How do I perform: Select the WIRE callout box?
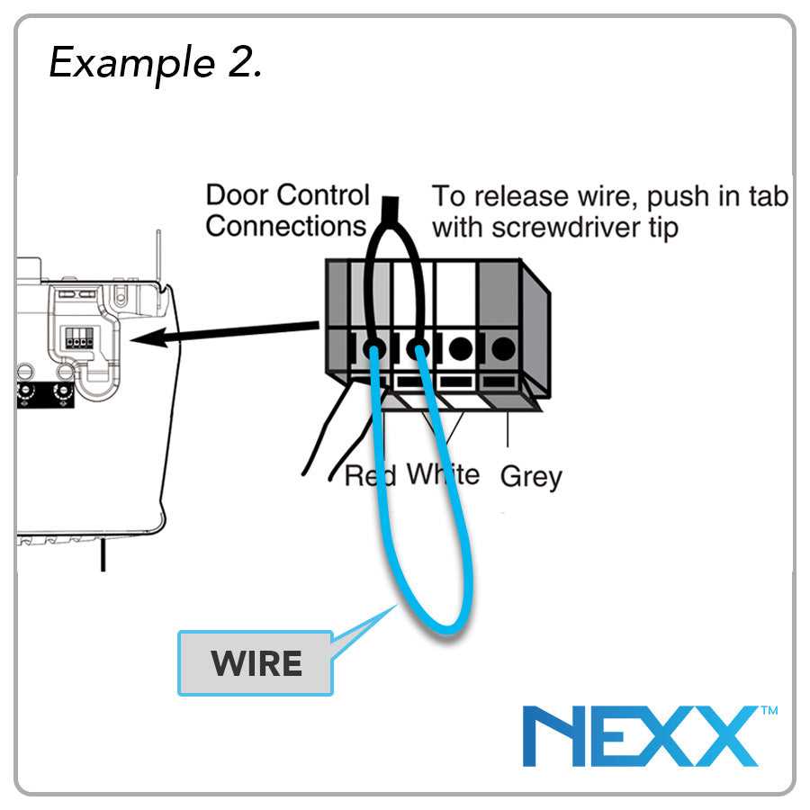click(x=256, y=663)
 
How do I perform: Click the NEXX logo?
click(x=639, y=737)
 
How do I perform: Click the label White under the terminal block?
click(x=443, y=473)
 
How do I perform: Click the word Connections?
click(x=285, y=226)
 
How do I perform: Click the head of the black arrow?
click(x=144, y=340)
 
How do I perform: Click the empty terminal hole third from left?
click(x=461, y=346)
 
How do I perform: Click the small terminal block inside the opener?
click(x=79, y=339)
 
